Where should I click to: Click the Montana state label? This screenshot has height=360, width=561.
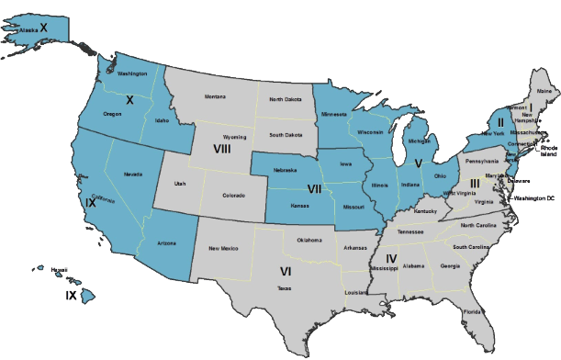[215, 96]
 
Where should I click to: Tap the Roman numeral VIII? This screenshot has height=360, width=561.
[221, 149]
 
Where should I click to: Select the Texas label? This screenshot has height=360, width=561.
[285, 287]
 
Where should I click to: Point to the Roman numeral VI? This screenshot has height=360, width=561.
[285, 271]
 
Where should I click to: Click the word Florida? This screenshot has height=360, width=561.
[471, 311]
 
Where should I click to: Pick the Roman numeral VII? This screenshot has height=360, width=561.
[314, 189]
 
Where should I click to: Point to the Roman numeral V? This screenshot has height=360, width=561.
[419, 163]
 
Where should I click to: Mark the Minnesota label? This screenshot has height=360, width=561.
[334, 115]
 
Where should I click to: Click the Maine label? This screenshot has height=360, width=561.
[544, 92]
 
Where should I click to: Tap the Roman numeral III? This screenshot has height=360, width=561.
[475, 183]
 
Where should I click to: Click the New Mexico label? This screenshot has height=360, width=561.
[223, 248]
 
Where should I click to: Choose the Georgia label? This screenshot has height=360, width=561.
[450, 266]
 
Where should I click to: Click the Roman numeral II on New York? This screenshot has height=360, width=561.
[499, 122]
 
